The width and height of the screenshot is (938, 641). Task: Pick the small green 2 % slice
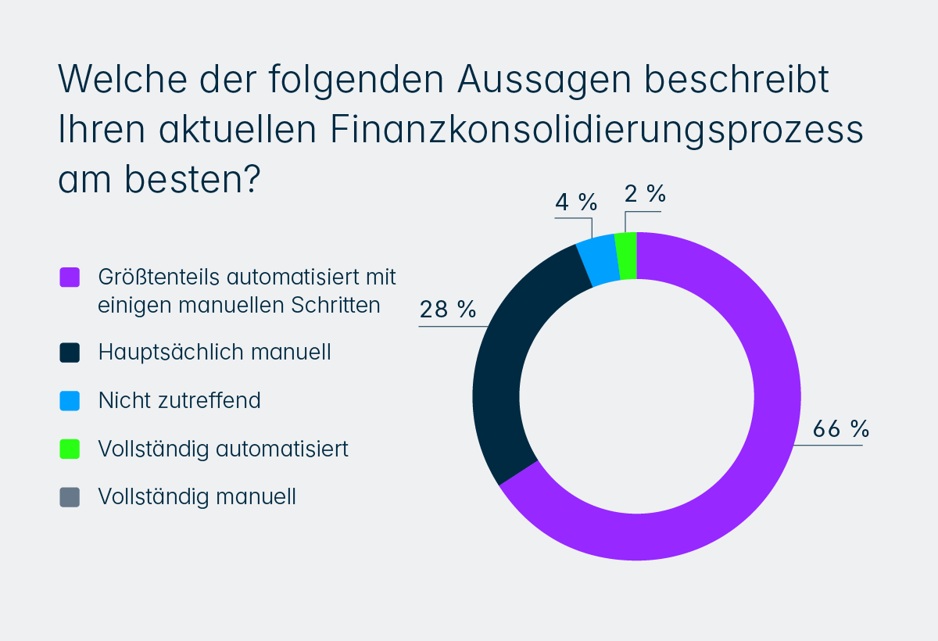coord(626,256)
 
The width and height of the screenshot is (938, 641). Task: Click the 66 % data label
coord(841,428)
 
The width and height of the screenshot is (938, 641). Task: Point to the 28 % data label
coord(448,310)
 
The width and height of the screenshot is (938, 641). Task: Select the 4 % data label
coord(576,202)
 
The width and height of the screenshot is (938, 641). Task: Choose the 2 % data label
coord(645,195)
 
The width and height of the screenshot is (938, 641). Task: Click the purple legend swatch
coord(70,278)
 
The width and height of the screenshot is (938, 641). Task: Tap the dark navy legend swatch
coord(70,353)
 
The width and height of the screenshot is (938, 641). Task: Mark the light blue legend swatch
coord(70,401)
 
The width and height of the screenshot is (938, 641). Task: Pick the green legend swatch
coord(70,449)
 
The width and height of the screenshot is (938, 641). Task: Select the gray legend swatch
coord(70,497)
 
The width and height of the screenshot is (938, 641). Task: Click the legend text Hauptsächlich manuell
coord(215,353)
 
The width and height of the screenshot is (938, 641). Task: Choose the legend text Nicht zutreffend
coord(180,401)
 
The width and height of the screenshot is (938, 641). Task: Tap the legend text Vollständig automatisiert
coord(224,449)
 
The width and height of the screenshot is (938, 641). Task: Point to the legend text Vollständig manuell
coord(197,497)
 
